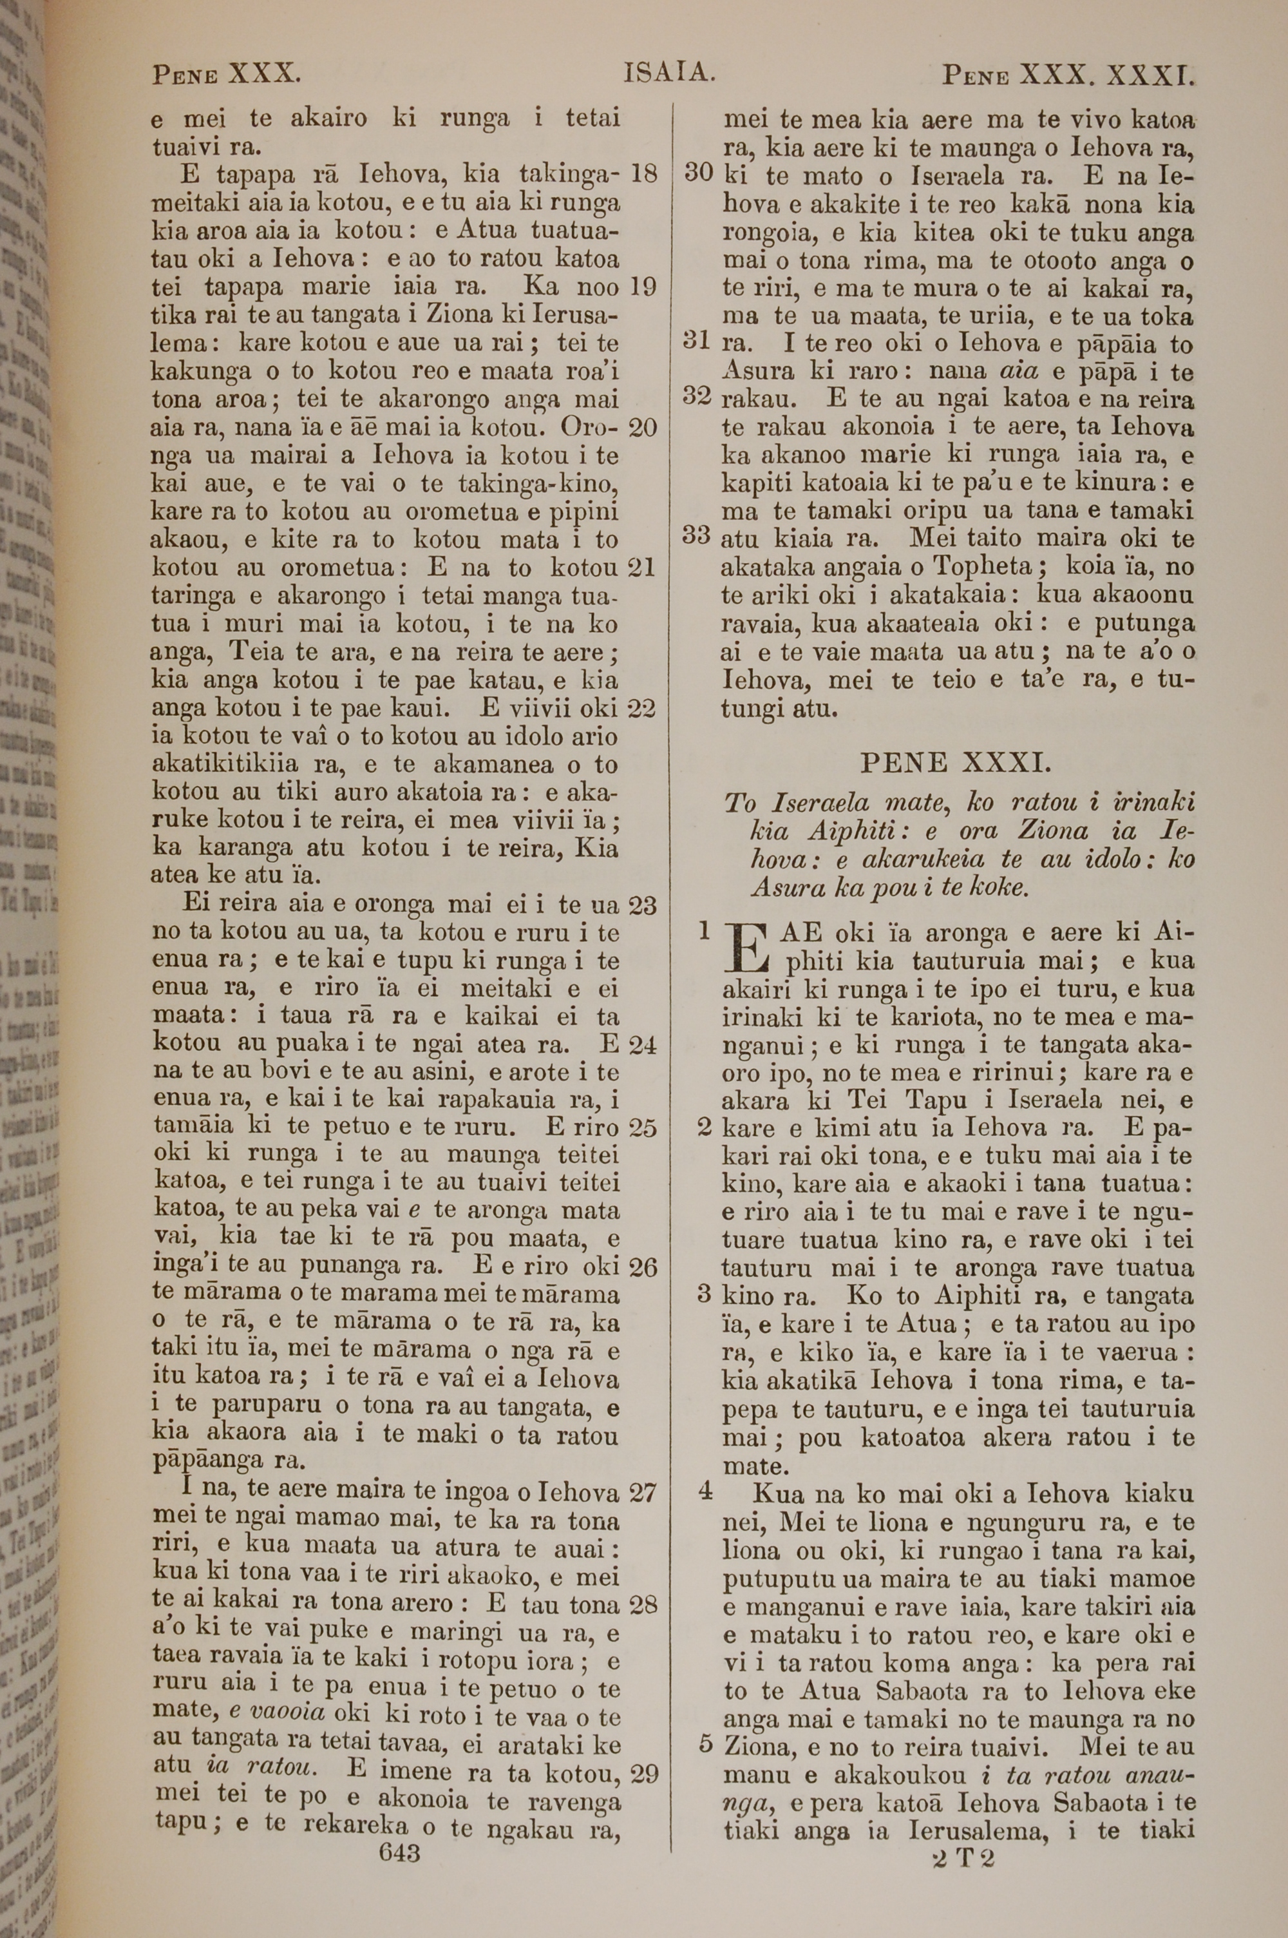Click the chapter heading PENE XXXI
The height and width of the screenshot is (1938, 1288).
[955, 763]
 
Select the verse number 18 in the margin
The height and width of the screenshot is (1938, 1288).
[643, 174]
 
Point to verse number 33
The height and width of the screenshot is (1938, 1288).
[697, 535]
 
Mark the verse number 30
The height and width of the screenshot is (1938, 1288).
[698, 173]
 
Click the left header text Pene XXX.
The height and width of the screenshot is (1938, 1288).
[226, 75]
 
